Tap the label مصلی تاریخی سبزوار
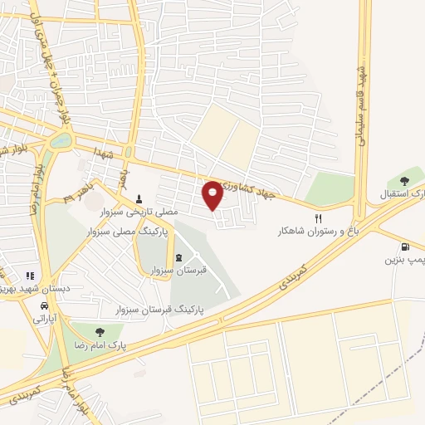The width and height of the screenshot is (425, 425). coord(146,212)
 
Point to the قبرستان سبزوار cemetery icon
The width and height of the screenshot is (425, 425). coord(179,256)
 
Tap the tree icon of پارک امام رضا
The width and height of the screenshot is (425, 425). coord(100,332)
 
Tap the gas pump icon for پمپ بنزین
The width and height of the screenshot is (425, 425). coord(404,247)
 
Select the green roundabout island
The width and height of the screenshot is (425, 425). coord(61,140)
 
